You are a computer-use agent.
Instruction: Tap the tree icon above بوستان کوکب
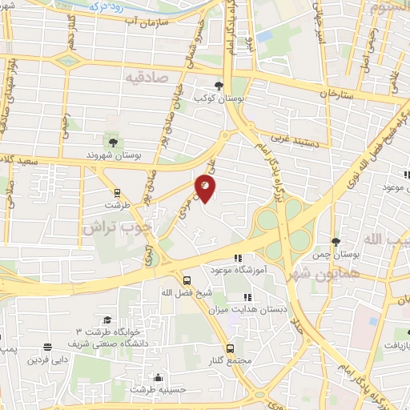click(219, 86)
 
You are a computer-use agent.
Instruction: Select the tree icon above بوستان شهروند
click(112, 142)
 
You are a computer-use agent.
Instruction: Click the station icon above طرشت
click(117, 192)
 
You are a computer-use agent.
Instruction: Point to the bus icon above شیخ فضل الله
click(187, 280)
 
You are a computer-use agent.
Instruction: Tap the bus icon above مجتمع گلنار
click(230, 348)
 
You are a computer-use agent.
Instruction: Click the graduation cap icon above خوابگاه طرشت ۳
click(107, 320)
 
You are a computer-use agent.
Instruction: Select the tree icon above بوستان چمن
click(336, 242)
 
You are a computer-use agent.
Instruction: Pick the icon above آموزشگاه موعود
click(236, 258)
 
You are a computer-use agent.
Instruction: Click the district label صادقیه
click(145, 77)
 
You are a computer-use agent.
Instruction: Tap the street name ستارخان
click(336, 94)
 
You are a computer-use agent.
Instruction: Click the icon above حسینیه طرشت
click(159, 377)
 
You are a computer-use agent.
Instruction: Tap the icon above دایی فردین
click(50, 347)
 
